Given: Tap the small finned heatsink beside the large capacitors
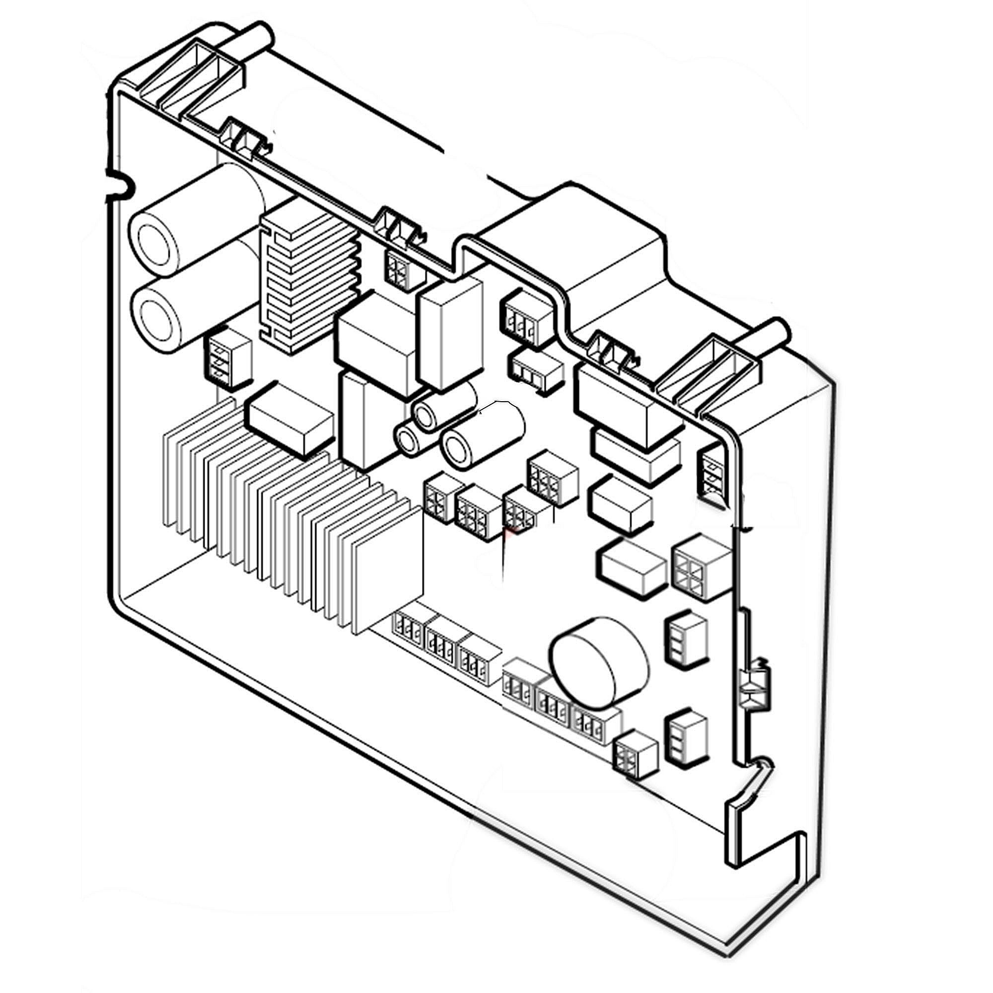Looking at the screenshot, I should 308,280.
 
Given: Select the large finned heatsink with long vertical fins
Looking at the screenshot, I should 288,519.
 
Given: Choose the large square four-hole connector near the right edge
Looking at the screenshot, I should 700,567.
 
